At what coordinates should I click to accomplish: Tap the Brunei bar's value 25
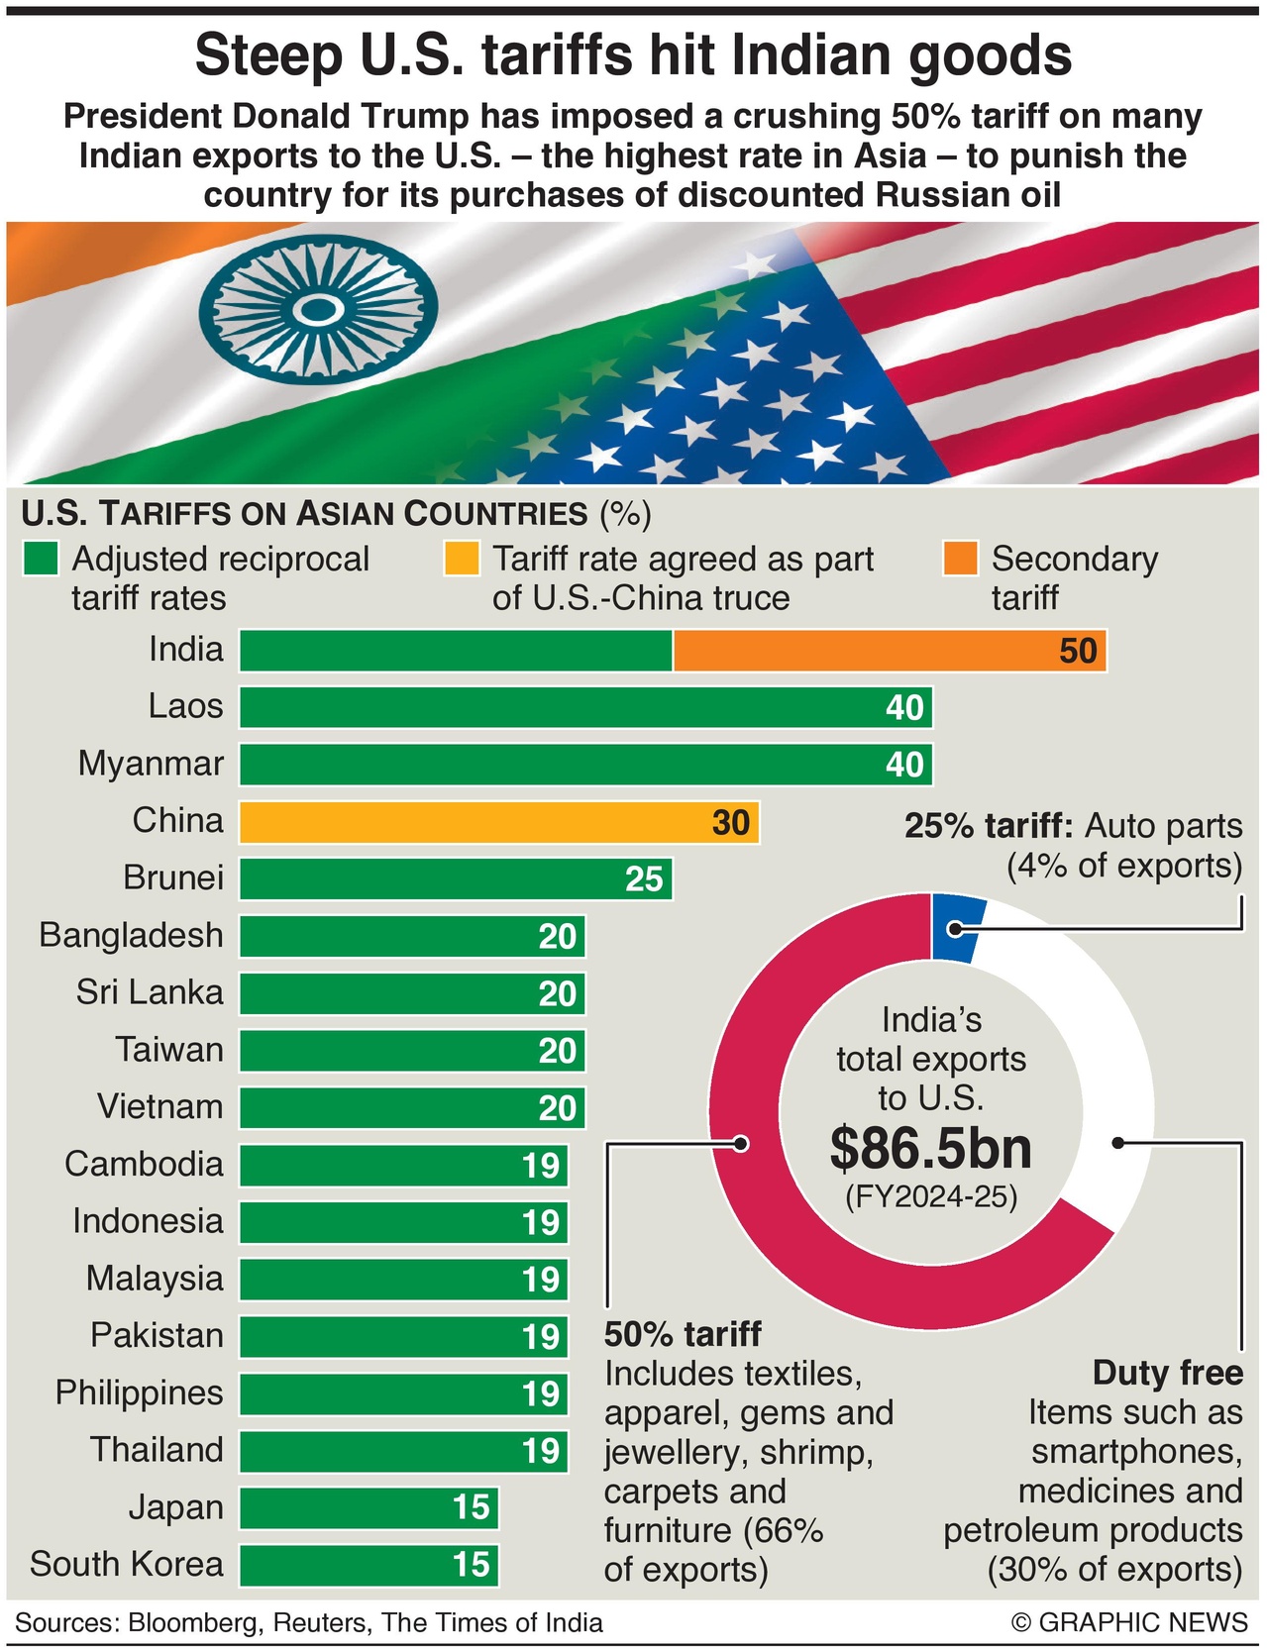coord(644,879)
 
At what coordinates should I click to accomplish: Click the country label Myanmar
coord(151,764)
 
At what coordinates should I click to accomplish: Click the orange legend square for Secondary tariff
coord(961,559)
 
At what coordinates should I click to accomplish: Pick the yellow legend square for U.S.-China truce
coord(462,559)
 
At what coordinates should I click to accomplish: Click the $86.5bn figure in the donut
coord(931,1148)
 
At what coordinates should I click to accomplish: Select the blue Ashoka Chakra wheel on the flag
coord(317,310)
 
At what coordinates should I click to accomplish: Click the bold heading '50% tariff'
coord(683,1334)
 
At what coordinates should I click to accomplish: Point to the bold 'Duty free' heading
coord(1167,1373)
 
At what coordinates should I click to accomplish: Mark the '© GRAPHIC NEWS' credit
coord(1129,1622)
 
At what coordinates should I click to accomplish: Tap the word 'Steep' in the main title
coord(269,55)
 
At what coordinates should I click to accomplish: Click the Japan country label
coord(175,1507)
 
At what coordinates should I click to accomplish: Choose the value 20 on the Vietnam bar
coord(558,1108)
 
